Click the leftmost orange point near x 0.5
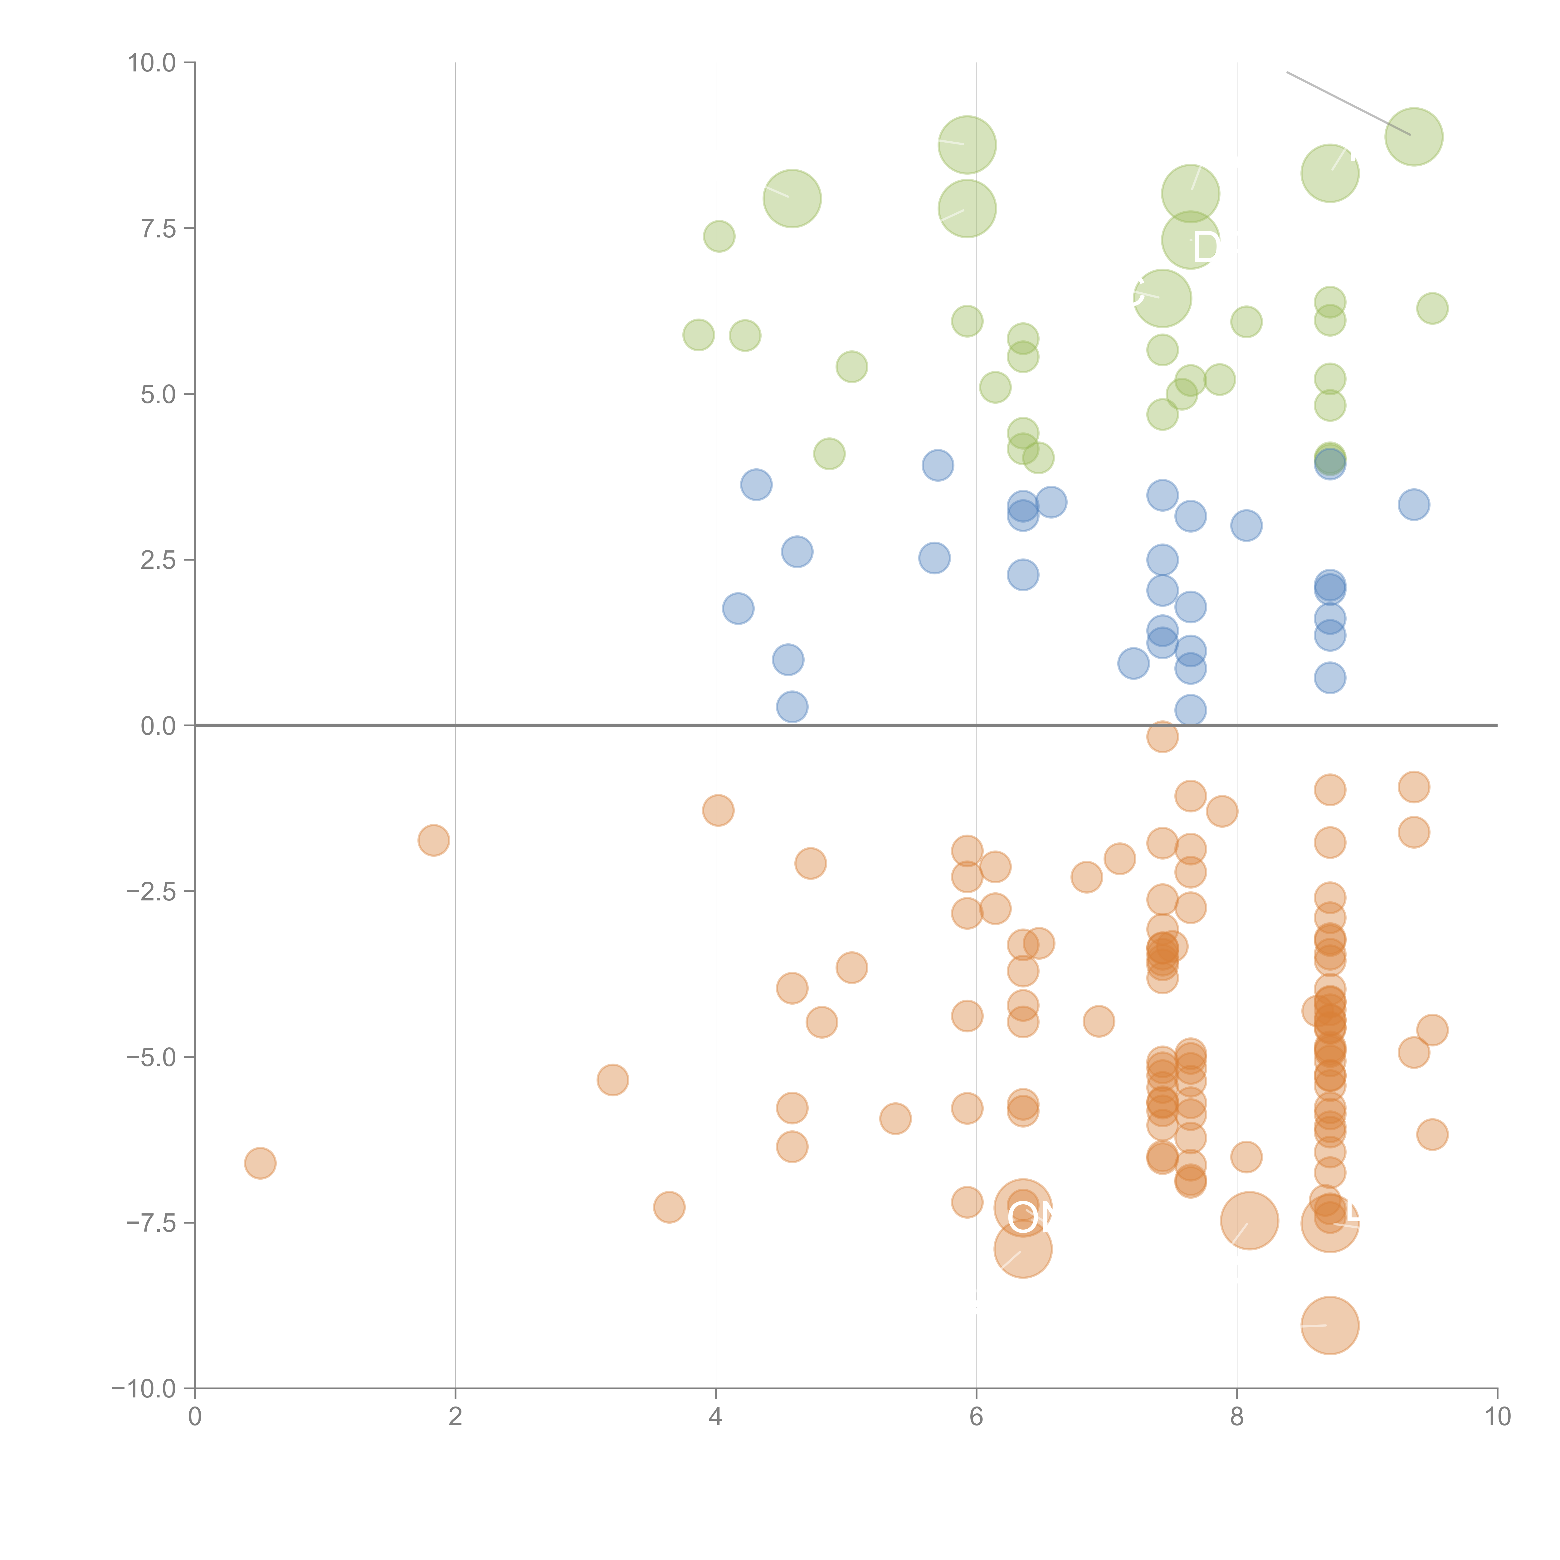tap(260, 1163)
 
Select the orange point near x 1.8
tap(434, 841)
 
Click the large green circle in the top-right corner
tap(1414, 136)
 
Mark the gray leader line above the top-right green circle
tap(1348, 103)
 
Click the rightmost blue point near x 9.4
tap(1414, 505)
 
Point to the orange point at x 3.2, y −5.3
tap(613, 1080)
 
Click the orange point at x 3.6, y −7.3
tap(669, 1207)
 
